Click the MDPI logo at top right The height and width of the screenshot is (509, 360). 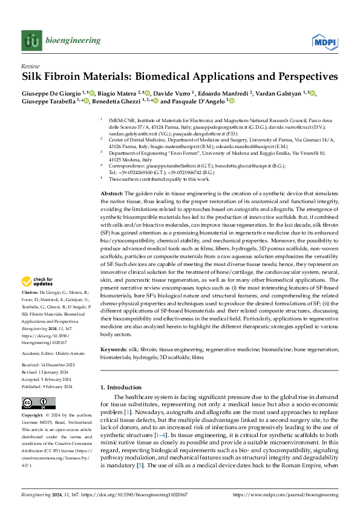[x=324, y=41]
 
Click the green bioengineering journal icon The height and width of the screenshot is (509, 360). [x=31, y=41]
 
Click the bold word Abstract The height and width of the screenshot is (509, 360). [x=111, y=175]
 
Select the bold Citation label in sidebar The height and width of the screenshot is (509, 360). [x=32, y=293]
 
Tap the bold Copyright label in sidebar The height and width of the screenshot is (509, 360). [x=34, y=417]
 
